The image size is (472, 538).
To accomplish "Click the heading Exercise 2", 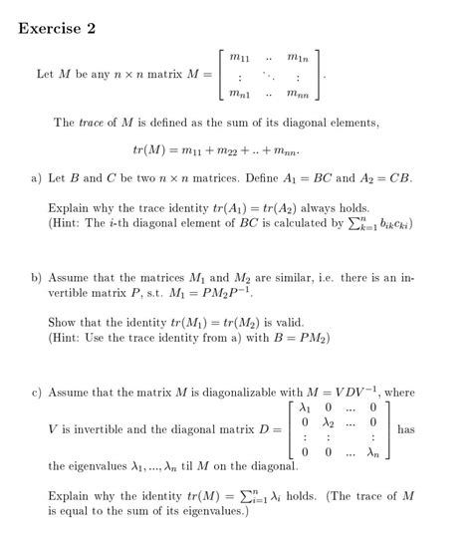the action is click(56, 28).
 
